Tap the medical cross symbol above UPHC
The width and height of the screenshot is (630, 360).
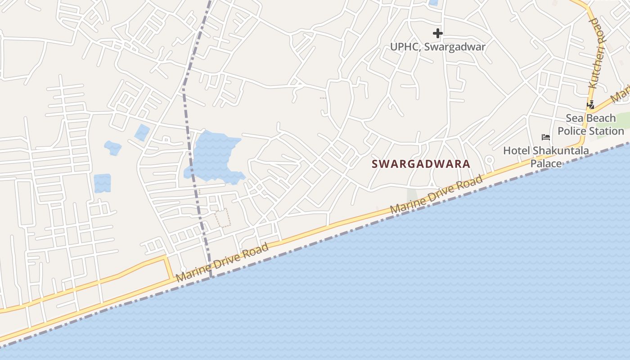pyautogui.click(x=437, y=33)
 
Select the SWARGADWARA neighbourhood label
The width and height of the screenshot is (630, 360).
pyautogui.click(x=421, y=164)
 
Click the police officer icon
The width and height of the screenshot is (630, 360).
pyautogui.click(x=590, y=104)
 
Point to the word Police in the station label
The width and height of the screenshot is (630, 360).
pyautogui.click(x=573, y=131)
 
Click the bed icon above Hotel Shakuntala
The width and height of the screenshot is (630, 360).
pyautogui.click(x=545, y=137)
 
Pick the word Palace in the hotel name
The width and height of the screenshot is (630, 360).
pyautogui.click(x=546, y=163)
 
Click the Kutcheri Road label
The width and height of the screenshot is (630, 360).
pyautogui.click(x=597, y=53)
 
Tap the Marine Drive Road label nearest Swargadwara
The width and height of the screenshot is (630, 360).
pyautogui.click(x=436, y=194)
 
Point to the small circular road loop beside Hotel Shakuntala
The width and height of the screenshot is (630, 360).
pyautogui.click(x=489, y=160)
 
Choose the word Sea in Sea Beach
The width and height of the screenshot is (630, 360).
pyautogui.click(x=574, y=118)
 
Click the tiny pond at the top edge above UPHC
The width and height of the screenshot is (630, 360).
pyautogui.click(x=433, y=2)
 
